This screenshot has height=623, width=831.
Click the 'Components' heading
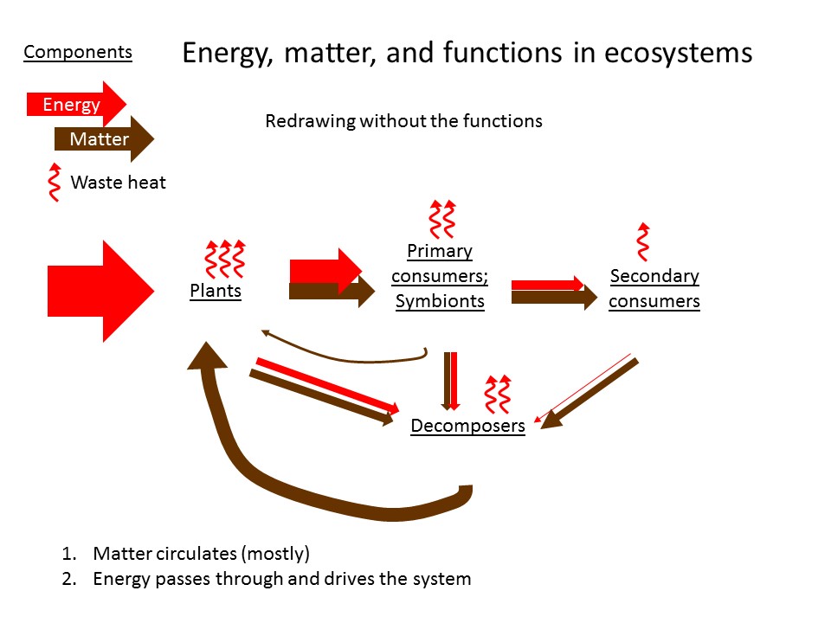[78, 52]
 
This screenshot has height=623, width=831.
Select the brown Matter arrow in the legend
[102, 139]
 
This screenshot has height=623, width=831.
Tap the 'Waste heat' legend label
[118, 183]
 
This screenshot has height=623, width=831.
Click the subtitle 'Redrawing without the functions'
[403, 121]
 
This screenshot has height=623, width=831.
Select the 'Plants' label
[216, 291]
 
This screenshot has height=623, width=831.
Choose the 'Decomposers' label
[467, 426]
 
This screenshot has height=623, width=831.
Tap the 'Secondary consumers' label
[654, 289]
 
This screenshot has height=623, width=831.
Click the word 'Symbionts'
[440, 302]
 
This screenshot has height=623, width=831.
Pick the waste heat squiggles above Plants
[224, 258]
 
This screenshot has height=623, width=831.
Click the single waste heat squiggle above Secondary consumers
[642, 241]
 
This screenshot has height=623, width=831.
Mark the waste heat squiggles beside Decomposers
[496, 394]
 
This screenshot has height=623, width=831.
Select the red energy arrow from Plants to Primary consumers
[324, 270]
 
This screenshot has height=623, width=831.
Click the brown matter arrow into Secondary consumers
[554, 299]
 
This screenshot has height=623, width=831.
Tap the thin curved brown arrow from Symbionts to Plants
[346, 356]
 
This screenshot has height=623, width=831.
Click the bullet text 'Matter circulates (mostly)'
[201, 553]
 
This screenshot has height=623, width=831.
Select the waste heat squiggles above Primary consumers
[441, 219]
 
